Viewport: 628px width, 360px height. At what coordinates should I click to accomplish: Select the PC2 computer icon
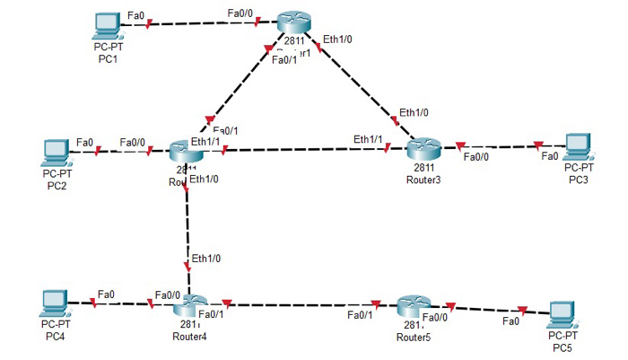coord(56,151)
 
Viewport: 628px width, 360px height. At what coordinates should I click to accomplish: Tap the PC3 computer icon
coord(579,145)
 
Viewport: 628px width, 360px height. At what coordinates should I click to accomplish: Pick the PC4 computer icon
coord(56,302)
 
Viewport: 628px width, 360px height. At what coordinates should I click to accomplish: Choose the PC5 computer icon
coord(563,312)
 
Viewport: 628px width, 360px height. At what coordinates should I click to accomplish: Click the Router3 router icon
coord(419,148)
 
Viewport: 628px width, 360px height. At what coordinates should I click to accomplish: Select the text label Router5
coord(414,338)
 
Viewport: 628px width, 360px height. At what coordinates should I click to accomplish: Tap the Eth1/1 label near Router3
coord(368,139)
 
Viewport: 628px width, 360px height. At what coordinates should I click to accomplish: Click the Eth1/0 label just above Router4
coord(205,259)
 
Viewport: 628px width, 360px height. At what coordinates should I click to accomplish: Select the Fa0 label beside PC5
coord(511,320)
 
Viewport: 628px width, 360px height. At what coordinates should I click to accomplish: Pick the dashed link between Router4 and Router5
coord(305,304)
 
